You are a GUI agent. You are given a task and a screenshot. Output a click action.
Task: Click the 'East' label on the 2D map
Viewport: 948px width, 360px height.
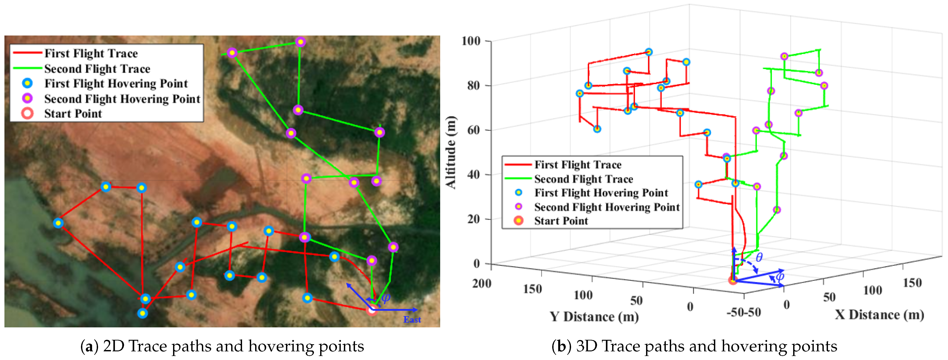pos(412,320)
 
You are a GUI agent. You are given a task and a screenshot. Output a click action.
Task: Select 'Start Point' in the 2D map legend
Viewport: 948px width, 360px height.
pos(73,113)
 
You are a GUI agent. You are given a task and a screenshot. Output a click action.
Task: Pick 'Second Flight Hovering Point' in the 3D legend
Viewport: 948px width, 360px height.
pos(607,207)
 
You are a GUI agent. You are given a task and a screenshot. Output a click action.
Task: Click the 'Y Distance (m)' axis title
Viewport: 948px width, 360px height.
pos(594,316)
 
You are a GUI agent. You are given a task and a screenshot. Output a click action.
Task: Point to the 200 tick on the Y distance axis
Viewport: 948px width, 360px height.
pos(482,283)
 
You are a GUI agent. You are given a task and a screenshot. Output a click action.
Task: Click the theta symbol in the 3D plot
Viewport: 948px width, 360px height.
pos(759,257)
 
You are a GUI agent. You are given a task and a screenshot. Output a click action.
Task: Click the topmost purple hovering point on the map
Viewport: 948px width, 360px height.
pos(301,42)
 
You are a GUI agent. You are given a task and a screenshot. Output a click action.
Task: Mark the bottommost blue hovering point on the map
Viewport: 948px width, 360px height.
pos(142,313)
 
